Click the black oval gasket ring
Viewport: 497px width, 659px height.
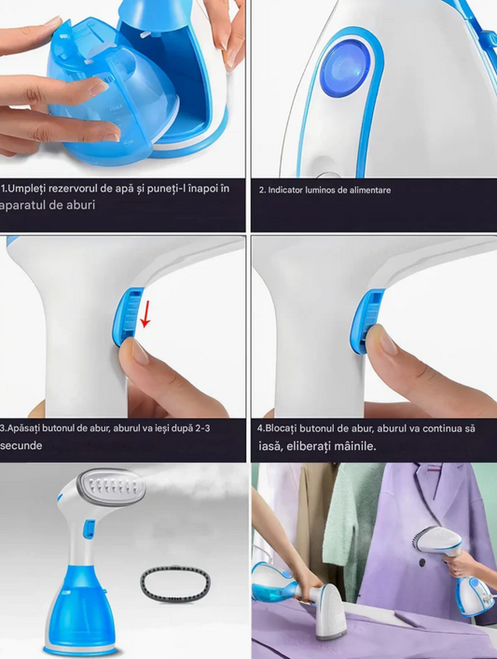pos(175,583)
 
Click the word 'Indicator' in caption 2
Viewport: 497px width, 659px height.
pos(283,190)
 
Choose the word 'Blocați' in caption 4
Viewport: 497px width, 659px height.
pos(281,428)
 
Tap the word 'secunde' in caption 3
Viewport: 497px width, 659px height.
pos(21,445)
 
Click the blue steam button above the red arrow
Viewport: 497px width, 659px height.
pos(128,315)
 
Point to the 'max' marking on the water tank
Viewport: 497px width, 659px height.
pos(116,108)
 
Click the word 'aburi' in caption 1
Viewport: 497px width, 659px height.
pos(80,205)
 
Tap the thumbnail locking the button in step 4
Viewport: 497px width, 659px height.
pos(382,341)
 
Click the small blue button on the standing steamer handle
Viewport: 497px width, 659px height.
pos(89,528)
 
